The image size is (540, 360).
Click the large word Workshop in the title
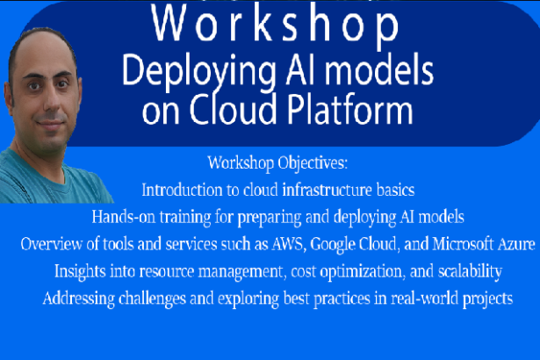tap(275, 24)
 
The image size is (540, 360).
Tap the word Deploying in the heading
tap(198, 72)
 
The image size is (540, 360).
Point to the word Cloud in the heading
tap(234, 109)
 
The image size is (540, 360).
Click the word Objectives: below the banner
tap(313, 163)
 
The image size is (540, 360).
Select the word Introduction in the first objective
tap(182, 190)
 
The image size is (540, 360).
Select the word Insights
tap(80, 272)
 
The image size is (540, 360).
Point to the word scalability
tap(470, 272)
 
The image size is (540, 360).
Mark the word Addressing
tap(78, 299)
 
